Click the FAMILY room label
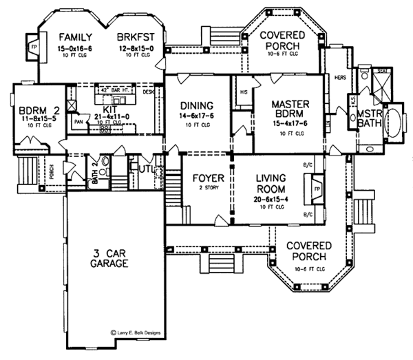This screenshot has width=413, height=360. pyautogui.click(x=75, y=36)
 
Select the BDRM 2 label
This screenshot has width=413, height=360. pyautogui.click(x=32, y=109)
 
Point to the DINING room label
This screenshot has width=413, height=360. pyautogui.click(x=198, y=105)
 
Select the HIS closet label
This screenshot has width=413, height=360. pyautogui.click(x=243, y=92)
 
